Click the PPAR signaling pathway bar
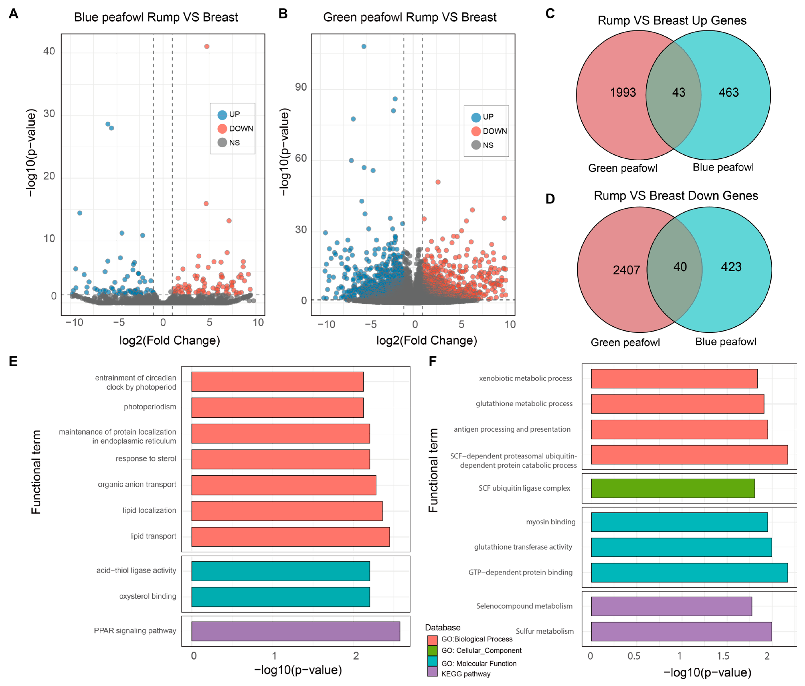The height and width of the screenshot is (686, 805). [x=296, y=631]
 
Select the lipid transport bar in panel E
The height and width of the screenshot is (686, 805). [x=291, y=537]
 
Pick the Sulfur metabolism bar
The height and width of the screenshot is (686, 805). [x=682, y=632]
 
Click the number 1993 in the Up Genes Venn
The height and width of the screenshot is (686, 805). [x=623, y=92]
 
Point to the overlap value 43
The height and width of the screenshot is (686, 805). [x=679, y=92]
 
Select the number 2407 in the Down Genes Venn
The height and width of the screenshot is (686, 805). [x=626, y=270]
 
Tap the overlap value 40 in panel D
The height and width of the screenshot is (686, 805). [x=680, y=267]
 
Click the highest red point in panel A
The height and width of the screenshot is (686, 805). [x=207, y=46]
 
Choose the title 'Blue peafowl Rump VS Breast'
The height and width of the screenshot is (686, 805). [x=156, y=18]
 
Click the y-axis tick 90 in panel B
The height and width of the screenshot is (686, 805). [x=301, y=87]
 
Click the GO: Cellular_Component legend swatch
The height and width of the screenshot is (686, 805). [x=432, y=651]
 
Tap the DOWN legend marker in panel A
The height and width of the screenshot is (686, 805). [x=222, y=129]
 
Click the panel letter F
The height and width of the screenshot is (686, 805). [x=432, y=361]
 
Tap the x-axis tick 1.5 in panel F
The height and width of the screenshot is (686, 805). [x=723, y=656]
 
